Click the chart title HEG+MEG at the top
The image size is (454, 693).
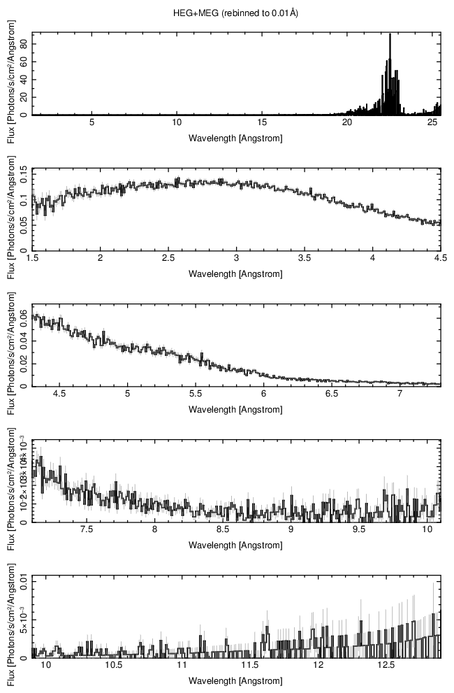235,13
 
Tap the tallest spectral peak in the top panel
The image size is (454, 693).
390,35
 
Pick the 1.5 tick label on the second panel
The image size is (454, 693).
32,257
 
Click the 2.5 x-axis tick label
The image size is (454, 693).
168,257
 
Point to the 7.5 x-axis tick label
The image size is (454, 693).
87,529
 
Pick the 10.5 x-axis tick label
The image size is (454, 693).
115,666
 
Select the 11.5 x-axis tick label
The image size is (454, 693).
250,666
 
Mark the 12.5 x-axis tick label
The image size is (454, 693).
386,666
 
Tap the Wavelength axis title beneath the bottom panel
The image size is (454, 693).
235,681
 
